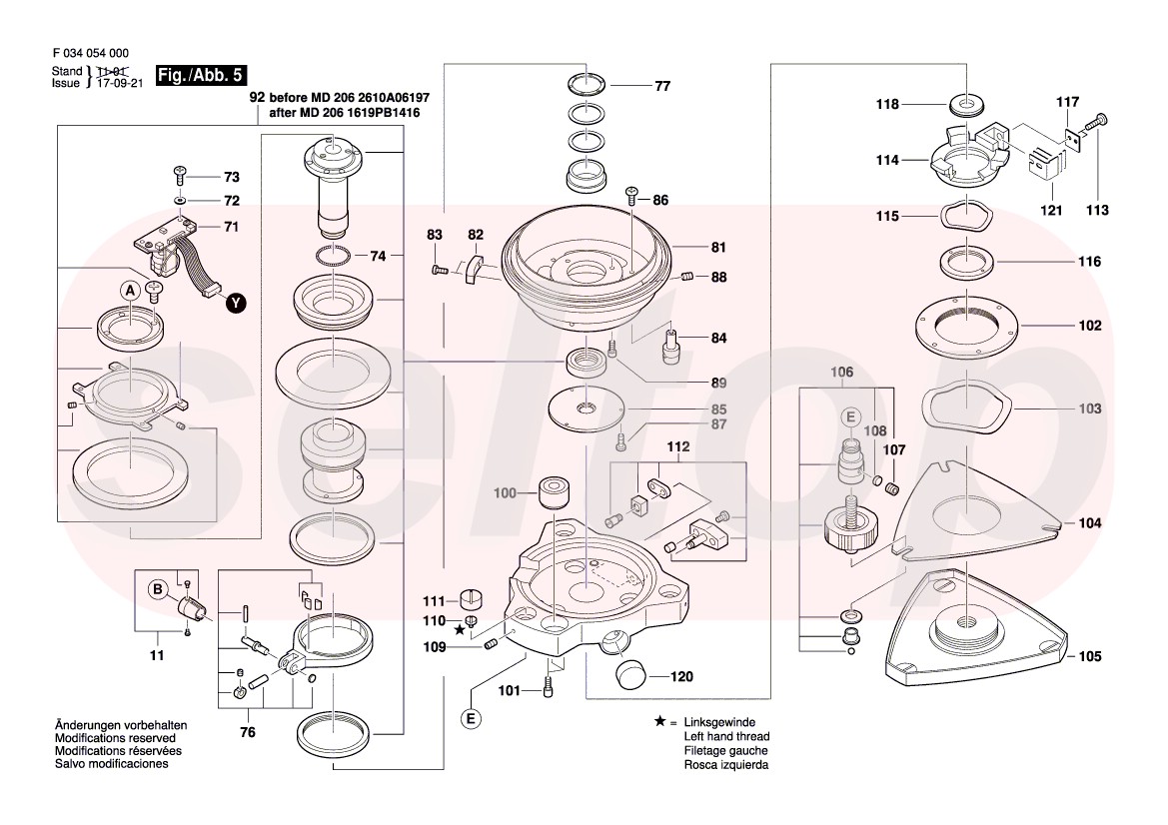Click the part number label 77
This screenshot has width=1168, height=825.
tap(662, 86)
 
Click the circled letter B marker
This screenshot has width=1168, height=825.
tap(156, 589)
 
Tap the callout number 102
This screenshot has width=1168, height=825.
tap(1089, 326)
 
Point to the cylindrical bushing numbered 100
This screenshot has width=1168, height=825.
tap(552, 492)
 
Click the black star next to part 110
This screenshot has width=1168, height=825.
tap(460, 630)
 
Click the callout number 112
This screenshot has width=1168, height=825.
tap(679, 447)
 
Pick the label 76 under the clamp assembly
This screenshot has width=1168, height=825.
tap(248, 732)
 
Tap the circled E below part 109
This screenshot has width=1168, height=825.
tap(471, 718)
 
